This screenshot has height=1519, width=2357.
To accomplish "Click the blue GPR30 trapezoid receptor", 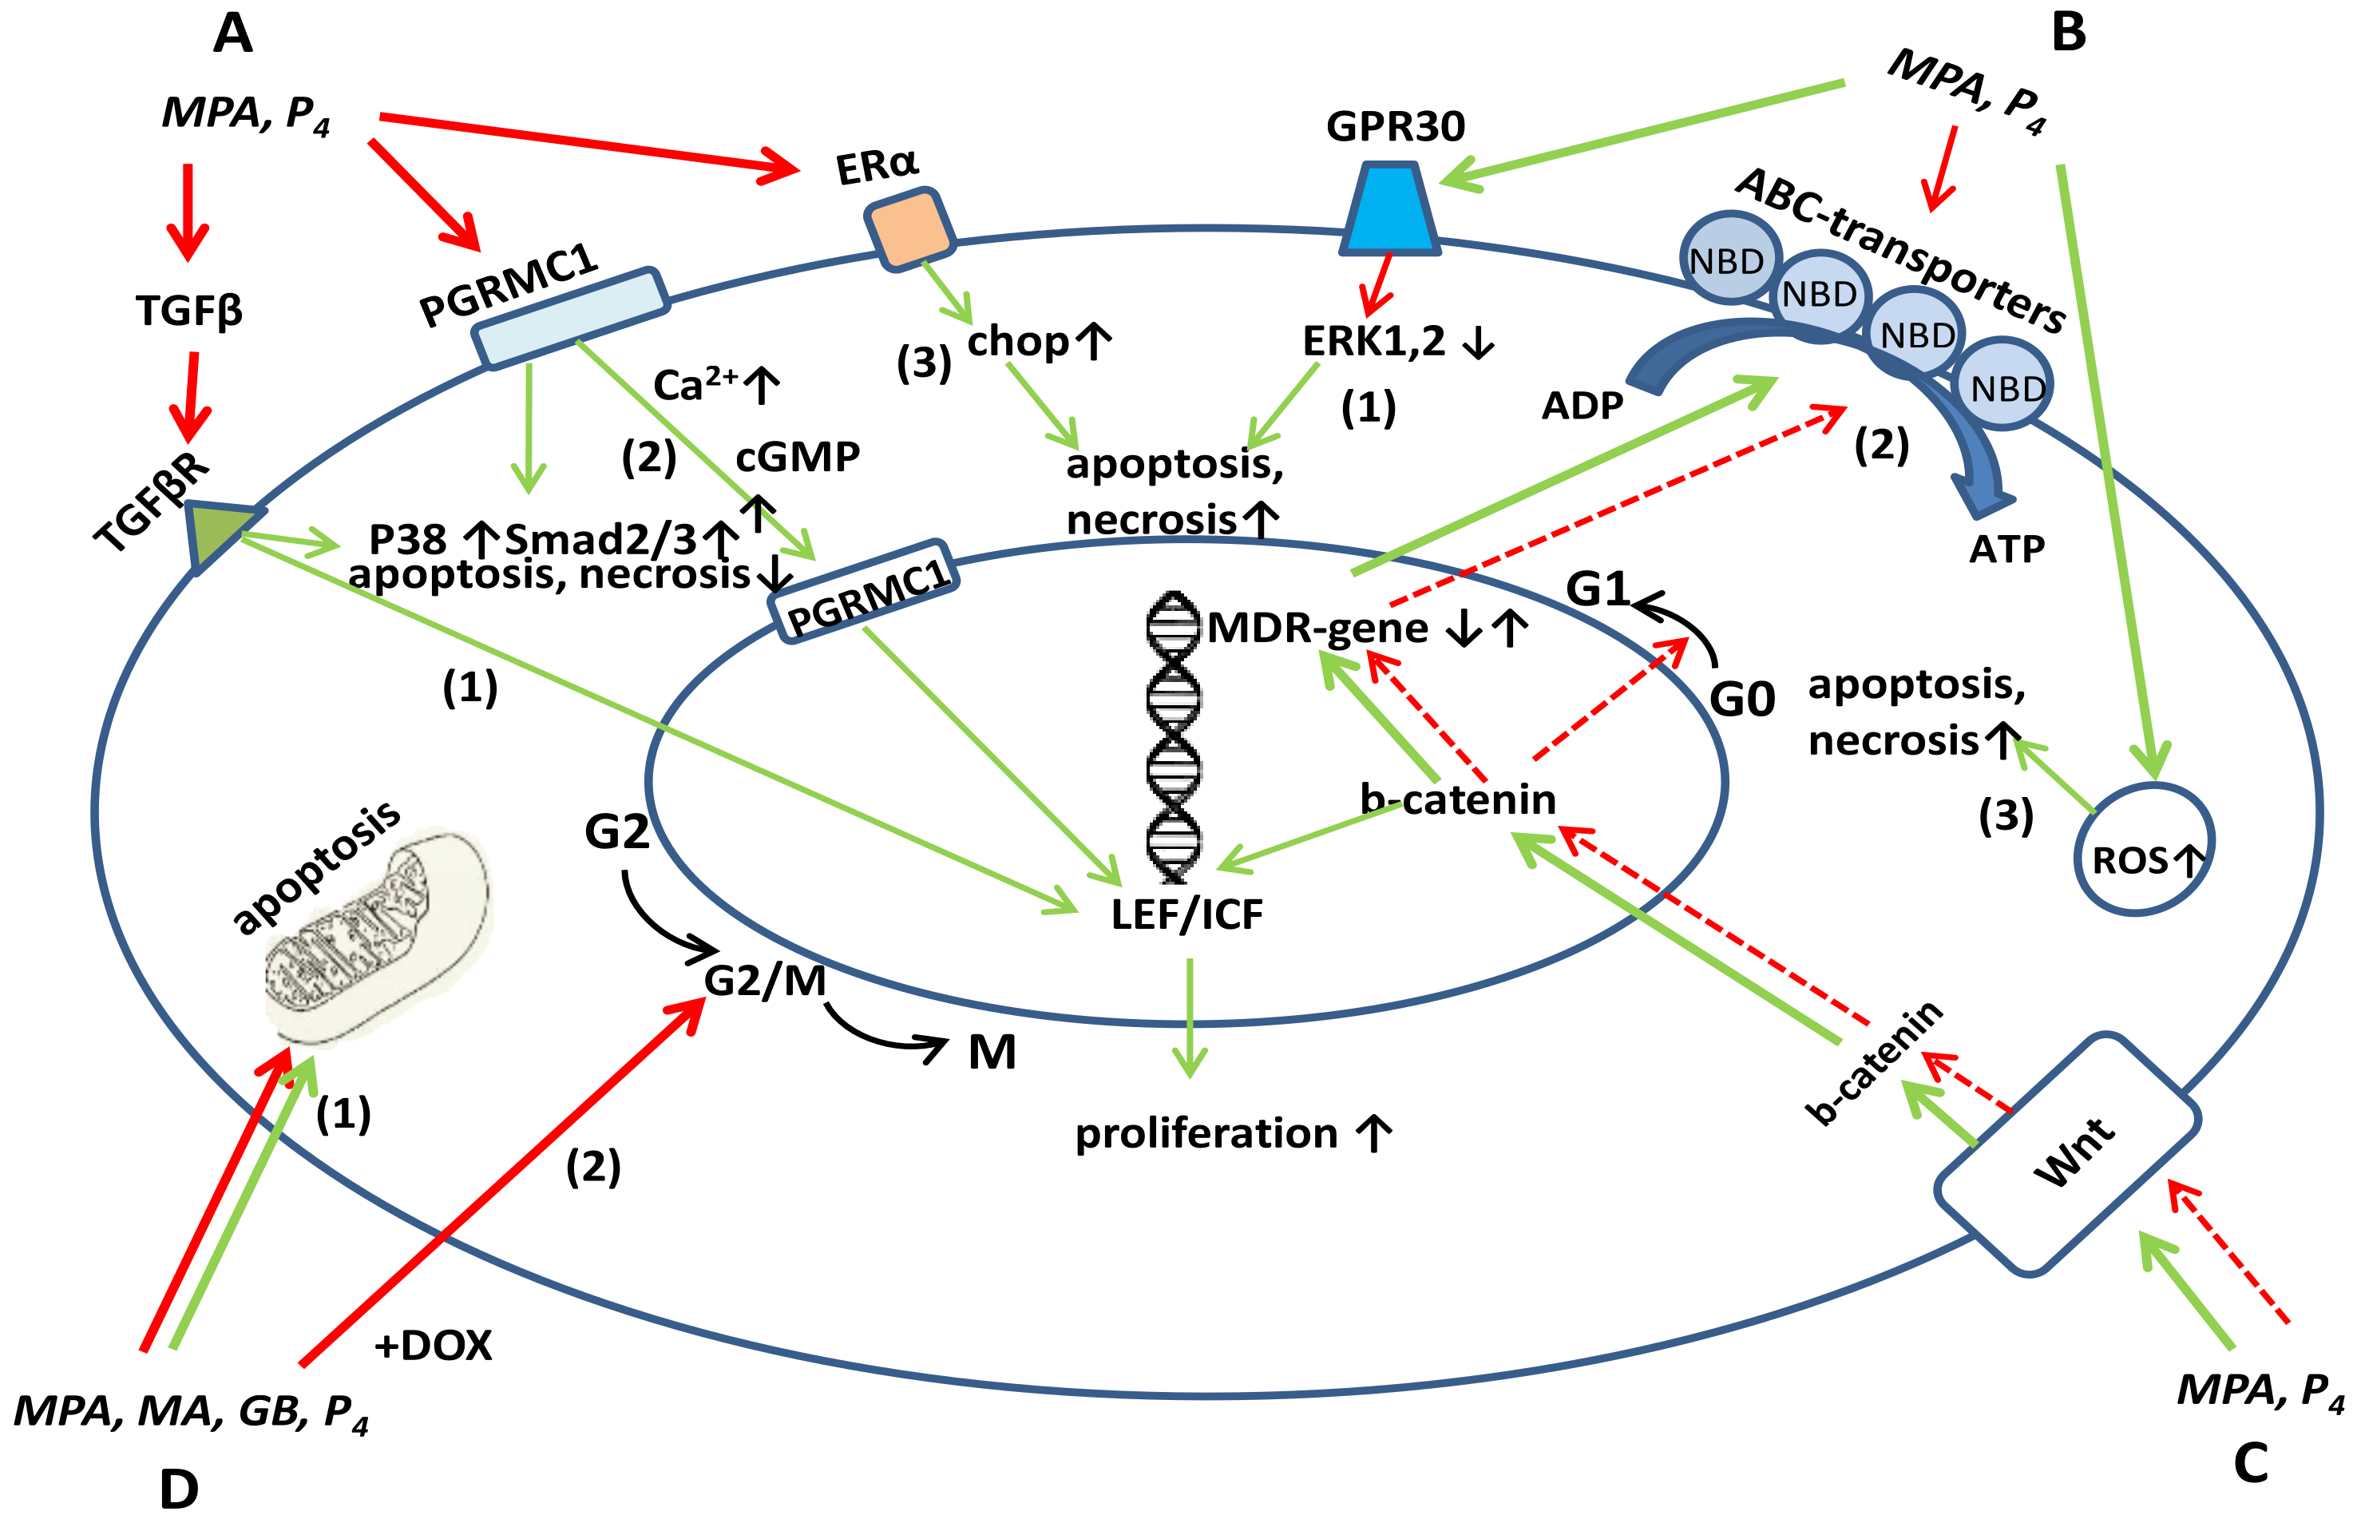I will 1389,209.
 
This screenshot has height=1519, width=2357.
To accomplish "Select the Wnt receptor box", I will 2067,1153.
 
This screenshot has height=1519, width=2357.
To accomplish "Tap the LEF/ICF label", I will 1186,914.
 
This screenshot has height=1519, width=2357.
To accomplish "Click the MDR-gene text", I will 1317,629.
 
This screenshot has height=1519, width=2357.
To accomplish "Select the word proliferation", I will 1205,1133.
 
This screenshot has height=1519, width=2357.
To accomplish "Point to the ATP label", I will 2006,549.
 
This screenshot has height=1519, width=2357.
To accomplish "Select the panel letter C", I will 2251,1461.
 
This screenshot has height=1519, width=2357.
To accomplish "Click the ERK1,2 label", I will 1374,341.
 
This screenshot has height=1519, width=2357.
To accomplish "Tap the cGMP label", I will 797,457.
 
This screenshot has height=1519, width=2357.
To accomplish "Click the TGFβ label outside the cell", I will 189,311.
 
